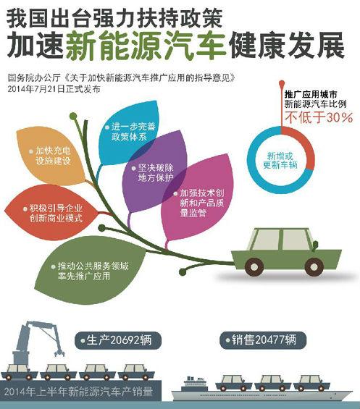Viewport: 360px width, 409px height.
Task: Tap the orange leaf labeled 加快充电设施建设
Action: [52, 156]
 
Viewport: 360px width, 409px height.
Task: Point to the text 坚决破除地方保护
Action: [156, 173]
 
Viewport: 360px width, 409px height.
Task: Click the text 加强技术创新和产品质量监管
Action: [202, 203]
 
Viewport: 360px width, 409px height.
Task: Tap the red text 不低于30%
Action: [319, 117]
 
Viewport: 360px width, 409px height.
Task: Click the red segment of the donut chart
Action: [309, 146]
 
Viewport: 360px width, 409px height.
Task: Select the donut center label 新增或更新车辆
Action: [280, 161]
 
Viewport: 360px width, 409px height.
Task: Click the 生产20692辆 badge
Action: [118, 340]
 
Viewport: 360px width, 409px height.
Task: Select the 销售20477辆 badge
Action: [263, 340]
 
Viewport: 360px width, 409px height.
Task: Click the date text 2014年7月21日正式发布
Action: [54, 89]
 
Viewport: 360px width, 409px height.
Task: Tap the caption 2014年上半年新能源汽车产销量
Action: [78, 392]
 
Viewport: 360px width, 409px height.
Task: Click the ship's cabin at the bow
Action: [193, 384]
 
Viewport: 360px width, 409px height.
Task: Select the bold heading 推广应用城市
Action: [311, 94]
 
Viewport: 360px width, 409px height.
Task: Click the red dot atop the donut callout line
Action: [282, 83]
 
